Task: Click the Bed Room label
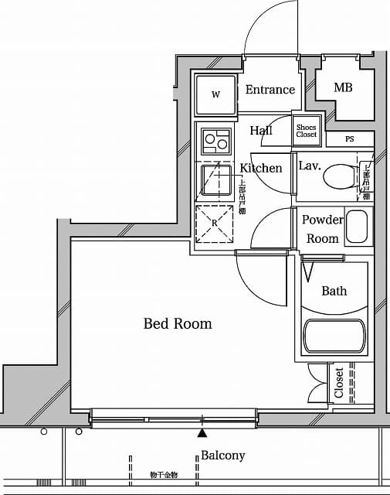pyautogui.click(x=178, y=324)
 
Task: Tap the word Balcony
pyautogui.click(x=222, y=456)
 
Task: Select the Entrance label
pyautogui.click(x=270, y=90)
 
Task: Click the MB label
pyautogui.click(x=343, y=88)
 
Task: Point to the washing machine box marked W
pyautogui.click(x=215, y=96)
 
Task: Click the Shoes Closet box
pyautogui.click(x=307, y=131)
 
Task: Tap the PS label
pyautogui.click(x=349, y=139)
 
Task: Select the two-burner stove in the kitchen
pyautogui.click(x=215, y=142)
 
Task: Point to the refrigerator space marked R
pyautogui.click(x=215, y=224)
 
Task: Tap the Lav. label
pyautogui.click(x=310, y=166)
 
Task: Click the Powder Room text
pyautogui.click(x=322, y=229)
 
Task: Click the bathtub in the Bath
pyautogui.click(x=333, y=336)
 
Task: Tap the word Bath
pyautogui.click(x=334, y=291)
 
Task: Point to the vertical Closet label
pyautogui.click(x=339, y=383)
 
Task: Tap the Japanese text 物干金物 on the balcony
pyautogui.click(x=164, y=475)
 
